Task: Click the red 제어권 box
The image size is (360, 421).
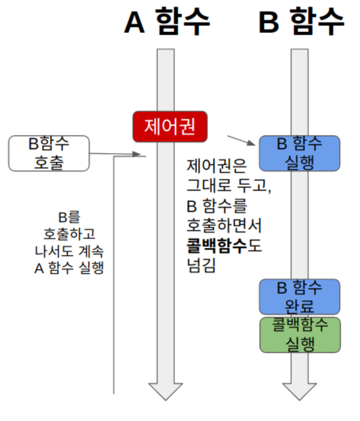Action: [170, 127]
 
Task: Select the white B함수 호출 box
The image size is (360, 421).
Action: [49, 154]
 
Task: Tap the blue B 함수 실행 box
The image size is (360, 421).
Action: [300, 153]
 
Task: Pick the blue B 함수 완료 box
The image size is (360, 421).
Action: [300, 297]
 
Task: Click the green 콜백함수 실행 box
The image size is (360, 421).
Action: [300, 334]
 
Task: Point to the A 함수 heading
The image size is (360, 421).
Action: [167, 22]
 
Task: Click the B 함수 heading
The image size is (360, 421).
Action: [301, 22]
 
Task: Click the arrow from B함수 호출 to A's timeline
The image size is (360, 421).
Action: [118, 154]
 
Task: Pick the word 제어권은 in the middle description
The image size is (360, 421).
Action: [212, 167]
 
